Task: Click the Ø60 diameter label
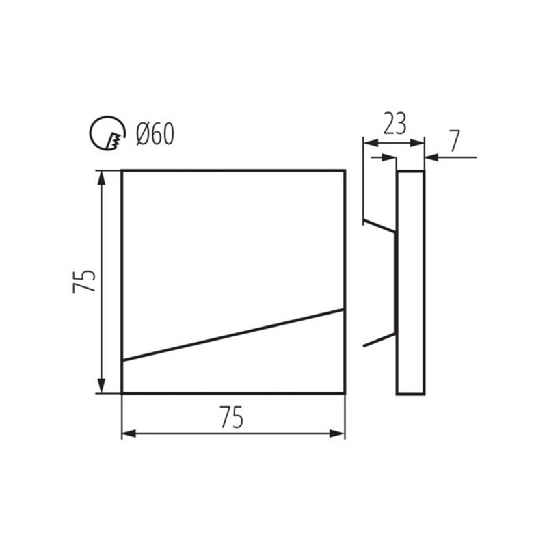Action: [x=155, y=134]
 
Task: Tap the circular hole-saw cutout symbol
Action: [x=92, y=133]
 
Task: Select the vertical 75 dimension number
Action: [x=83, y=282]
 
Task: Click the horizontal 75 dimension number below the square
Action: [x=232, y=417]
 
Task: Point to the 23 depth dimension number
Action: [x=395, y=124]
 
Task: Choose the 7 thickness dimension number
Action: [x=454, y=141]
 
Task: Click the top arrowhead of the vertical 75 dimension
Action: [x=101, y=178]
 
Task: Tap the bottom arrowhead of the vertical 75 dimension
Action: [x=101, y=386]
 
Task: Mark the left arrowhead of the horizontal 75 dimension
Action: [x=129, y=433]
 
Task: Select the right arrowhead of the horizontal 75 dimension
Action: [x=337, y=433]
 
